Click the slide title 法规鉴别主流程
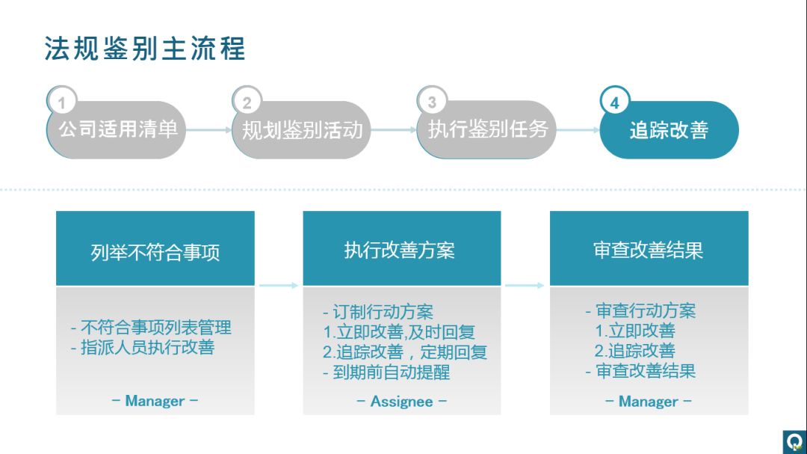click(145, 49)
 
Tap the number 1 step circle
click(62, 102)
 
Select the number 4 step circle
click(615, 102)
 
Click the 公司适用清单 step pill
click(117, 130)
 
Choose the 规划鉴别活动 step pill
click(302, 130)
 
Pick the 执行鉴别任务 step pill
click(487, 130)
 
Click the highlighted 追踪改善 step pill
click(669, 131)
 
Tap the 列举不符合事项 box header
click(155, 249)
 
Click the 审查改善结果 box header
click(649, 249)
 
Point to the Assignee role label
click(402, 402)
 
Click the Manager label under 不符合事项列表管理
click(155, 401)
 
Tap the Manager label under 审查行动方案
click(649, 402)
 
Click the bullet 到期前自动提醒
click(386, 372)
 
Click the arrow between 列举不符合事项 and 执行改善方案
click(279, 285)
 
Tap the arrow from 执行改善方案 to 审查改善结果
click(525, 285)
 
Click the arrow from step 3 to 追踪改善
click(578, 130)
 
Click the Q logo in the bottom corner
click(794, 441)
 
